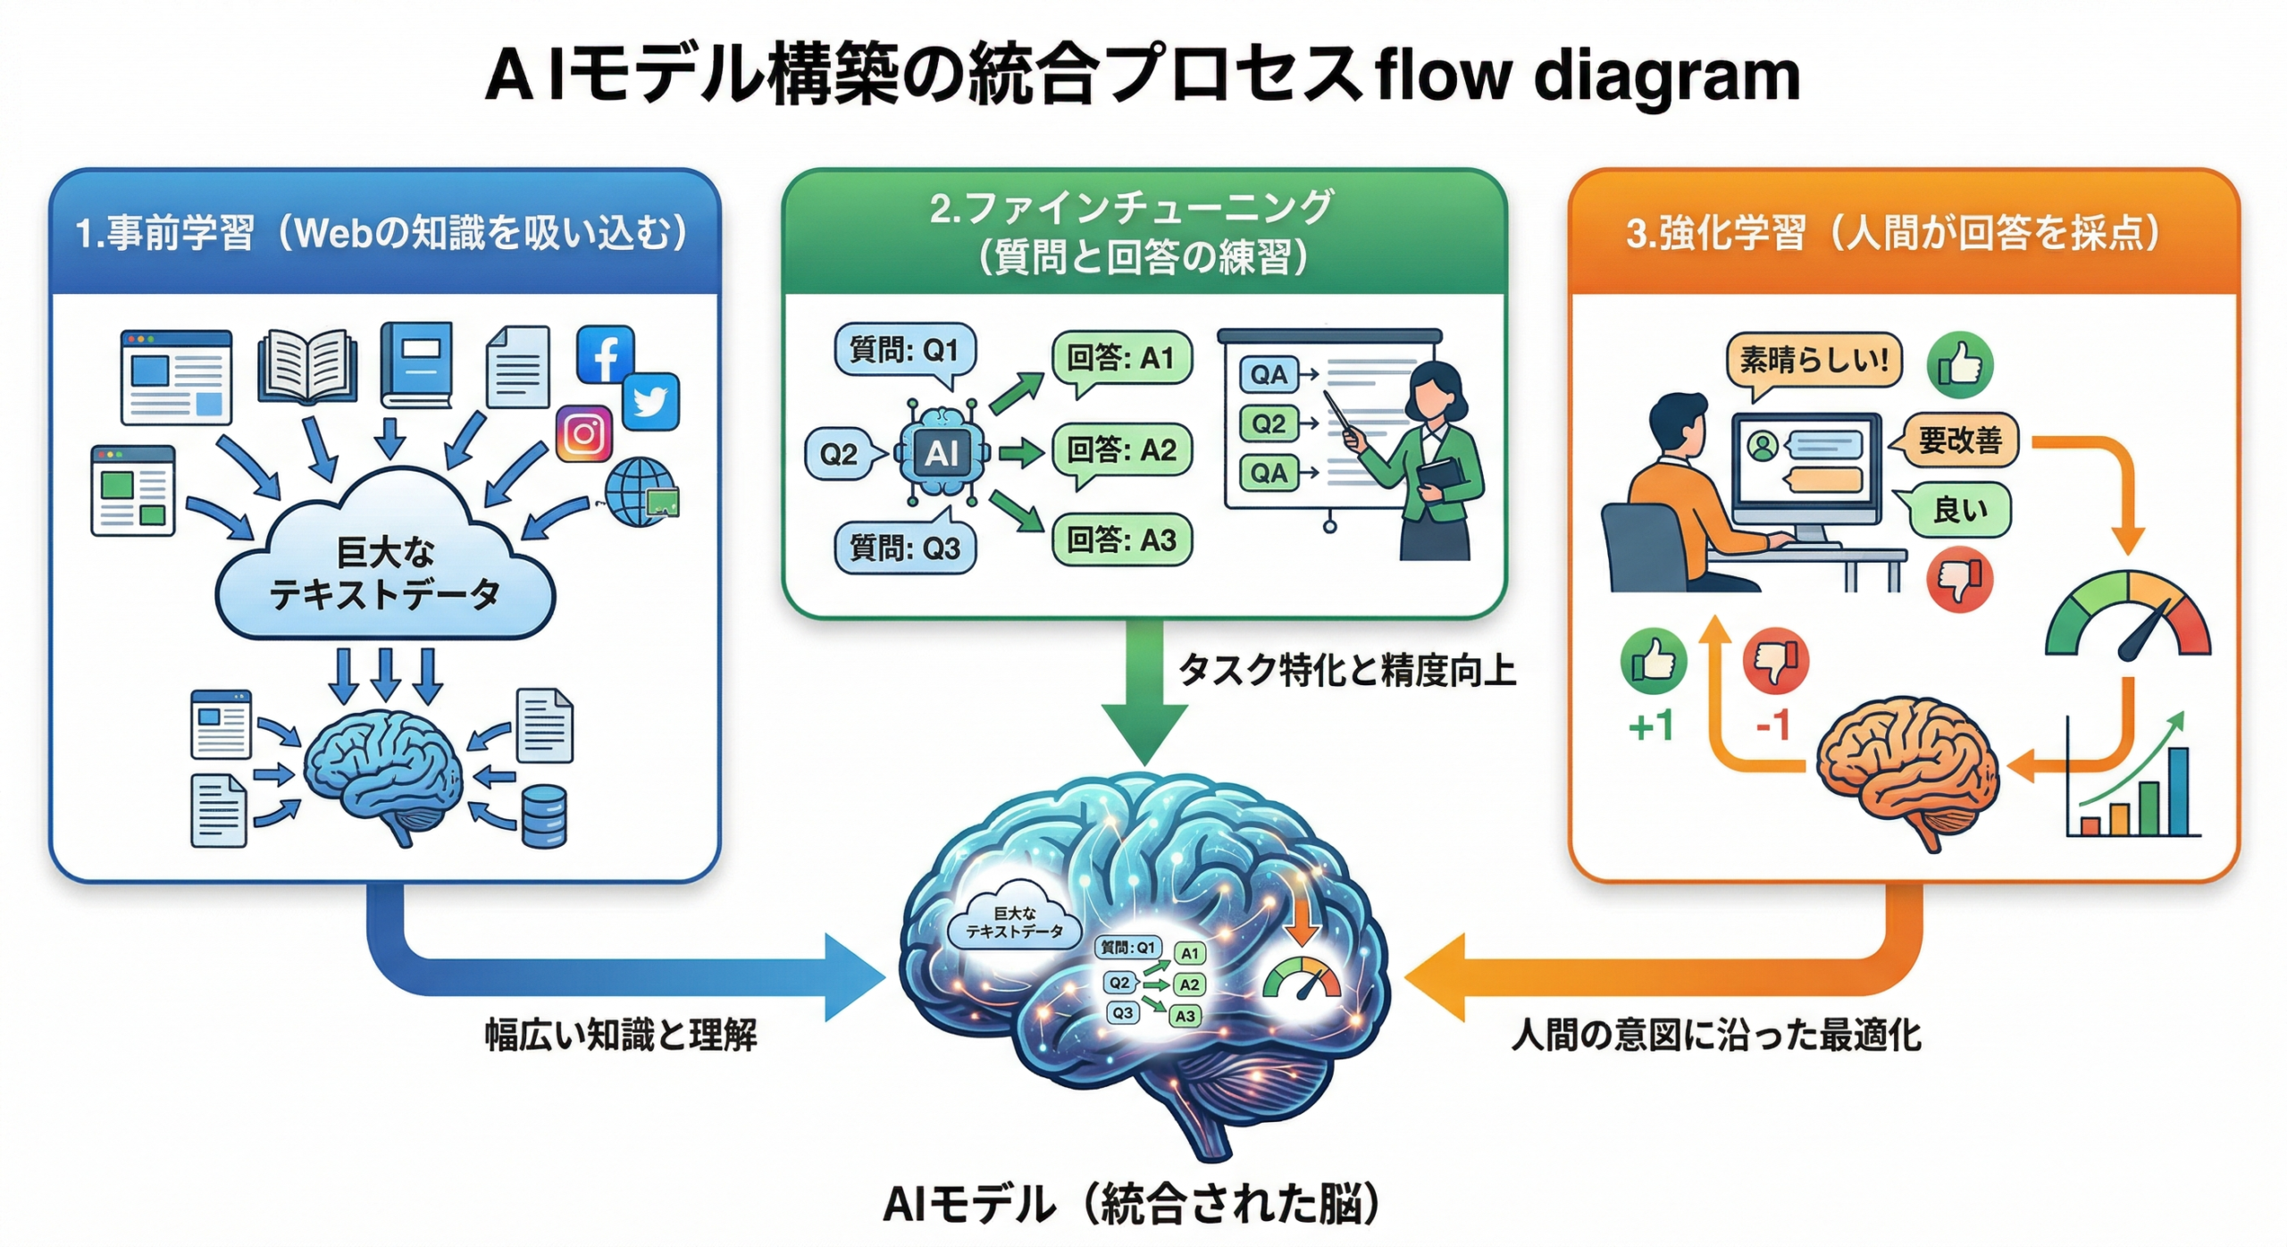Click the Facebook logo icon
click(x=605, y=354)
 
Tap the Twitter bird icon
click(x=650, y=402)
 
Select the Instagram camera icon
click(x=584, y=434)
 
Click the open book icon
click(x=307, y=366)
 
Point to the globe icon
click(x=639, y=491)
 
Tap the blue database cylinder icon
click(x=543, y=816)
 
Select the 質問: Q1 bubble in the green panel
click(x=904, y=350)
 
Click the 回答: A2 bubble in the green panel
click(x=1121, y=450)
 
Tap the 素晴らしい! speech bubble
click(x=1814, y=361)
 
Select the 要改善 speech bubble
click(x=1960, y=440)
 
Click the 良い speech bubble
click(x=1960, y=510)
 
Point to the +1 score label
click(x=1651, y=726)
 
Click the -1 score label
click(x=1773, y=725)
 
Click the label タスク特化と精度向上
click(x=1347, y=670)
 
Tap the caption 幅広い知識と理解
click(x=621, y=1035)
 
